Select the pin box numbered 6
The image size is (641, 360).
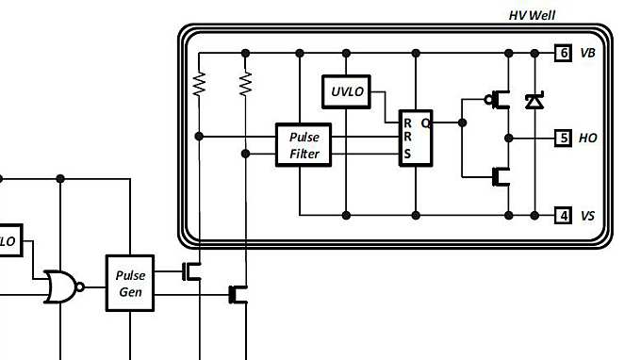coord(563,53)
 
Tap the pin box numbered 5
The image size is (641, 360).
coord(563,138)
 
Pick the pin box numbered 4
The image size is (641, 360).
coord(563,215)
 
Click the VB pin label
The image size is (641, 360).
coord(587,53)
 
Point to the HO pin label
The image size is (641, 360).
coord(587,138)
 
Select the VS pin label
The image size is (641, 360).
coord(587,215)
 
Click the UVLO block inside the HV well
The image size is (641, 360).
coord(346,91)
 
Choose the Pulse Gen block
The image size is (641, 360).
coord(129,284)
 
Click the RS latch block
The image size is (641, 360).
coord(415,139)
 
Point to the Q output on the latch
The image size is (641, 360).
coord(425,123)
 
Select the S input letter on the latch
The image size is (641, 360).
coord(407,155)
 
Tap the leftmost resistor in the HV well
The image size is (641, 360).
coord(199,85)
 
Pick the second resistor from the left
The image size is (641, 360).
coord(246,85)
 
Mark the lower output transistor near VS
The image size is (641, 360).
coord(499,175)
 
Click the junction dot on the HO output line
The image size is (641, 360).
coord(508,138)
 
